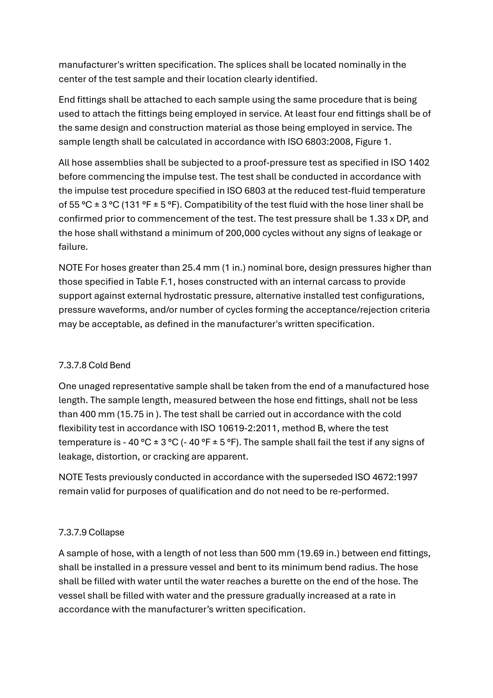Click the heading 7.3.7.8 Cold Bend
pyautogui.click(x=94, y=365)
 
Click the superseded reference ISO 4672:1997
pyautogui.click(x=386, y=477)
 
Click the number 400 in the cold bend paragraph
pyautogui.click(x=88, y=415)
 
